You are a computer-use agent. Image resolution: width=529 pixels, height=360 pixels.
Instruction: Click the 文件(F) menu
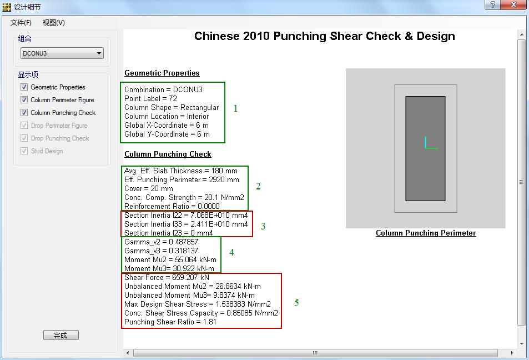21,23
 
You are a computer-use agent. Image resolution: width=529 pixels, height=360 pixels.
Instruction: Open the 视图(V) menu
54,23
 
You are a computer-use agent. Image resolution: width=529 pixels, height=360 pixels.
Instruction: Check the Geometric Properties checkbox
24,87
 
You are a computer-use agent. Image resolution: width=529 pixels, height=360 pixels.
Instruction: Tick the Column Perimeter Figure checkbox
24,100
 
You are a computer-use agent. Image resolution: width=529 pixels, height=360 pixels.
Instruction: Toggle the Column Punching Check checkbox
24,112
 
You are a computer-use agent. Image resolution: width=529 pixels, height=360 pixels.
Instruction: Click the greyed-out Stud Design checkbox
24,151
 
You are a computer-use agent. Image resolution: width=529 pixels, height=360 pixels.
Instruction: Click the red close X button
513,5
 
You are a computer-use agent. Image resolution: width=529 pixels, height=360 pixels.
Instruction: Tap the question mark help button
492,5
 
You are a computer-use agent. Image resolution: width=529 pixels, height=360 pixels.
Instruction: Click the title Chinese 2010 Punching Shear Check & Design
325,36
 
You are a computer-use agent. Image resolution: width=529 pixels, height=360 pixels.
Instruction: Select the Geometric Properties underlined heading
162,73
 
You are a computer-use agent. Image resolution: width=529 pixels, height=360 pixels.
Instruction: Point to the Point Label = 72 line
150,99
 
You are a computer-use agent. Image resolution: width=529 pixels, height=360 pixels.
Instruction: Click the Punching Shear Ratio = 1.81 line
170,322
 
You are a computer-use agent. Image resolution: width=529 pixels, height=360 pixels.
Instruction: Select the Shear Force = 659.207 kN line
167,277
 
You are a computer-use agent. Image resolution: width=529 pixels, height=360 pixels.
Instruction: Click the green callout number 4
231,252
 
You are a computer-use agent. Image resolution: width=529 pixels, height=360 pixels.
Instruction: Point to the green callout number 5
296,303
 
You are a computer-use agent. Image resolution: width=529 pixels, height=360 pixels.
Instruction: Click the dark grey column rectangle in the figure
425,148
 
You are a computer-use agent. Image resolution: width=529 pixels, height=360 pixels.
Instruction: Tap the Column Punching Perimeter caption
426,233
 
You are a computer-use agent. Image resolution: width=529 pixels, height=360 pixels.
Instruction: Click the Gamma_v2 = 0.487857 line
162,242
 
